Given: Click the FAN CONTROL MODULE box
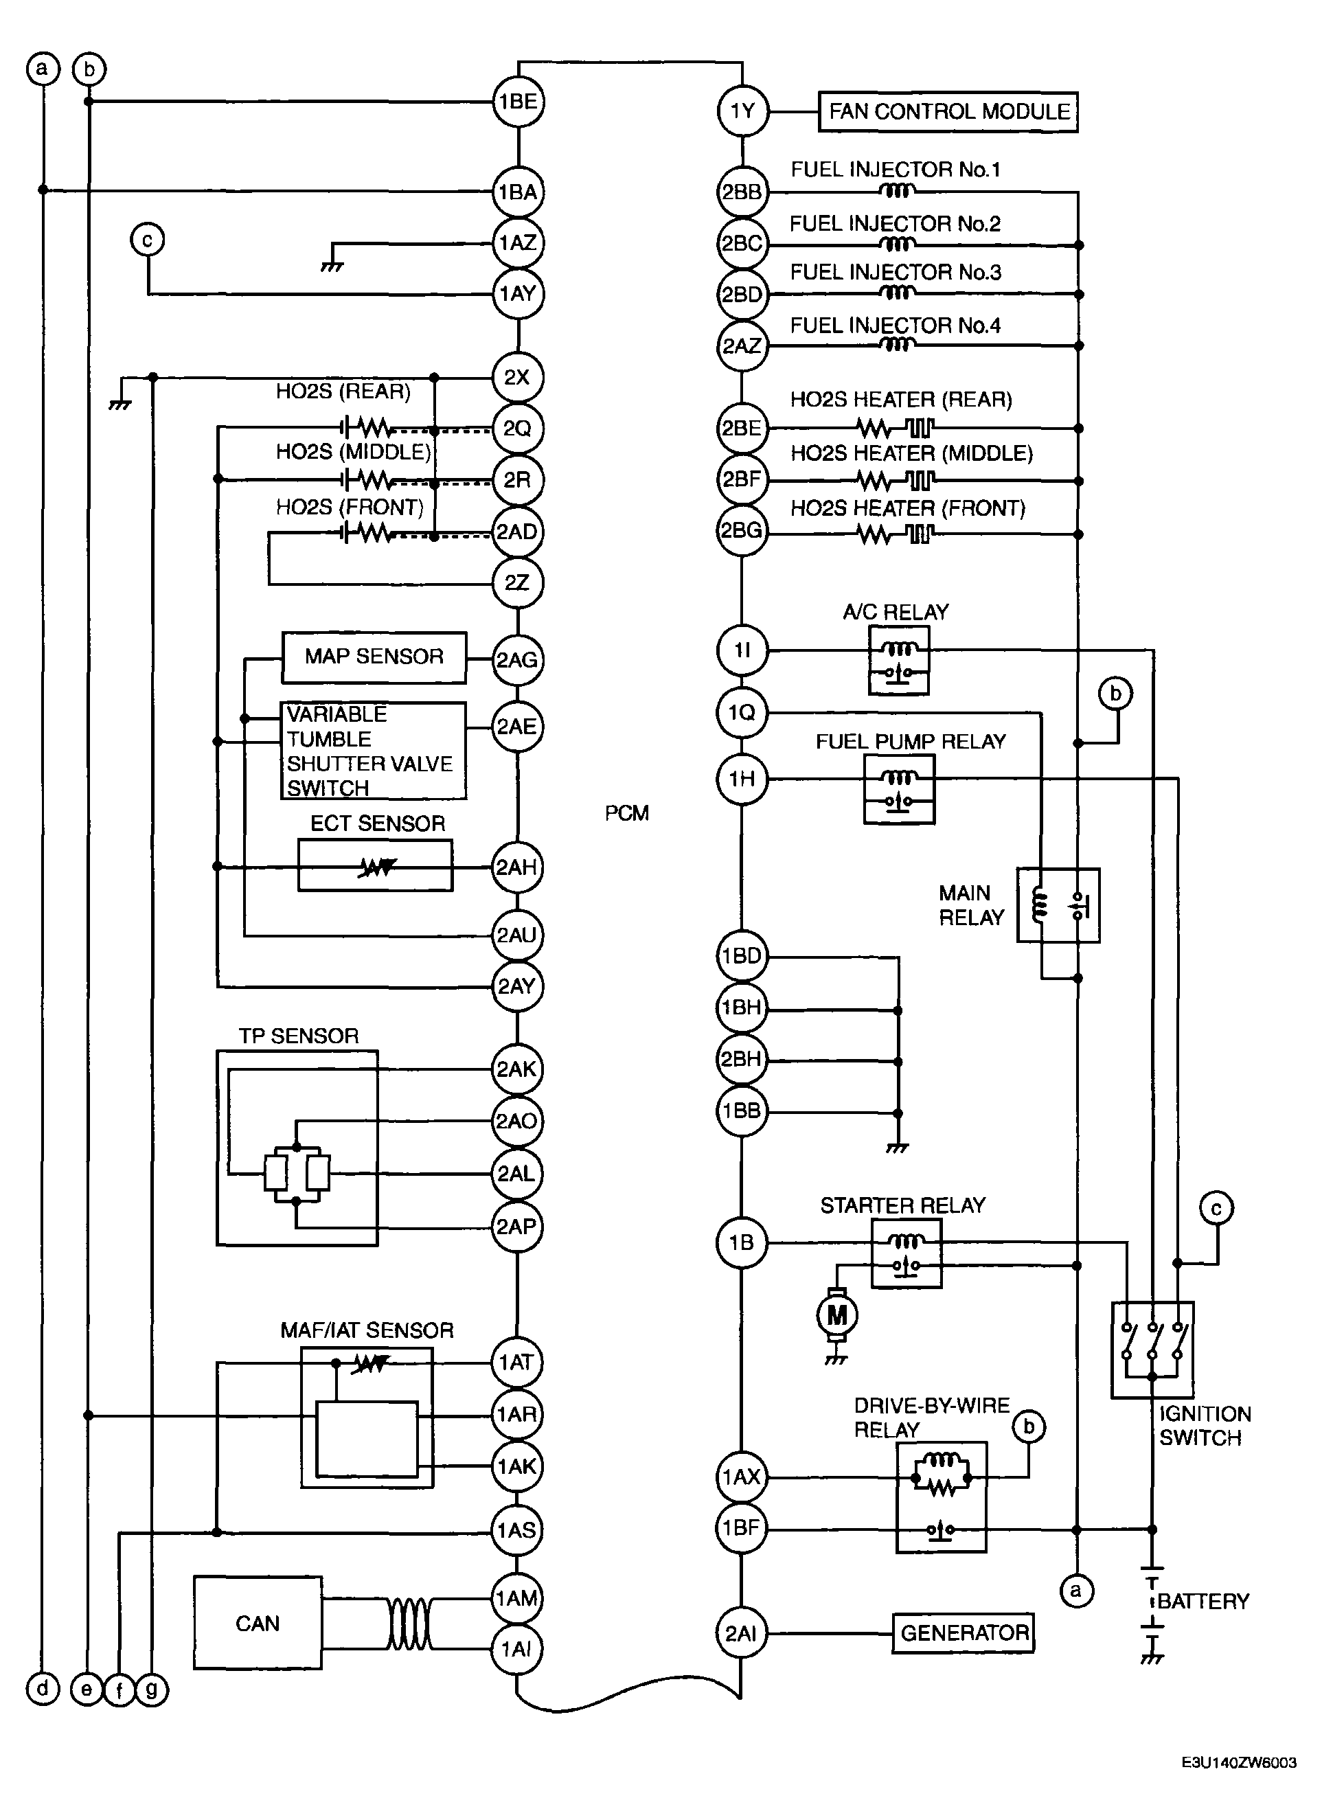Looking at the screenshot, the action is [x=948, y=111].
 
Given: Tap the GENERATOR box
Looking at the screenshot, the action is [x=964, y=1633].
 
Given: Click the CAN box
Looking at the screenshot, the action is [x=258, y=1624].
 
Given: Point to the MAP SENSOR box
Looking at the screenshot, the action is [x=374, y=657].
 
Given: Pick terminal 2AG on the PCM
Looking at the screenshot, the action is [x=517, y=659].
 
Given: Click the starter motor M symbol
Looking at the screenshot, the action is [x=836, y=1315].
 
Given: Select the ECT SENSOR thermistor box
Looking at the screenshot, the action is [x=376, y=866].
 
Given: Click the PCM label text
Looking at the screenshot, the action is [x=626, y=814].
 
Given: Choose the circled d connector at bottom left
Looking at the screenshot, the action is [x=43, y=1690].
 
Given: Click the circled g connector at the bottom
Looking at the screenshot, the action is [x=151, y=1690].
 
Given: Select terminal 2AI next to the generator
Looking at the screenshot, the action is [x=741, y=1633].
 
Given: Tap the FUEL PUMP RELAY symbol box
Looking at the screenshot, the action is [x=899, y=790].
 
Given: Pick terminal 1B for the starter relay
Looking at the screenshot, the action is [x=741, y=1243].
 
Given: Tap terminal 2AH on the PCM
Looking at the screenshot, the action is [x=516, y=867].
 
